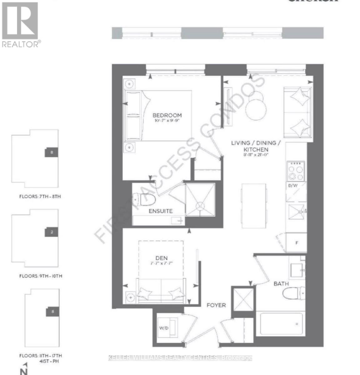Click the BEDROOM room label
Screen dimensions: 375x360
(x=167, y=115)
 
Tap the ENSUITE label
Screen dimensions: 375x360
(x=160, y=211)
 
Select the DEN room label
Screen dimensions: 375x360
(x=161, y=258)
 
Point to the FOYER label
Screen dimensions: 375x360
(x=216, y=305)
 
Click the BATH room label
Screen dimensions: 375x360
(x=281, y=284)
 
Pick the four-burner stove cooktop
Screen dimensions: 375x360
(x=296, y=171)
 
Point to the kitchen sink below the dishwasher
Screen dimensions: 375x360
(x=296, y=212)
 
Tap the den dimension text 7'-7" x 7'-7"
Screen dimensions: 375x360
(x=161, y=263)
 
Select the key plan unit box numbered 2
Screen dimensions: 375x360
(x=52, y=232)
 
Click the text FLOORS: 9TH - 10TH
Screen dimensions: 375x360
(x=41, y=276)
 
